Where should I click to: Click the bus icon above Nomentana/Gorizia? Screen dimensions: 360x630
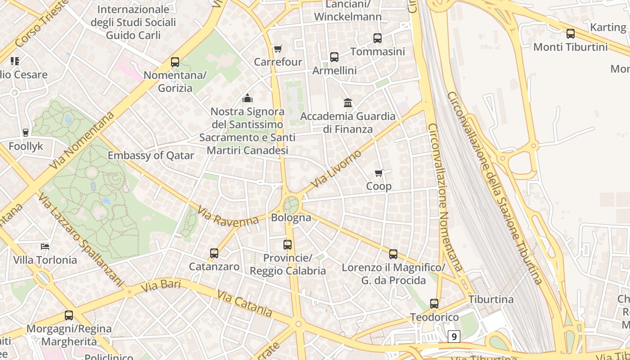coord(175,62)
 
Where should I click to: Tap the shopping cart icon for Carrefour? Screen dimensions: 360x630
coord(278,49)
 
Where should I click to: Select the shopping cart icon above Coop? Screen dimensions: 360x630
coord(379,173)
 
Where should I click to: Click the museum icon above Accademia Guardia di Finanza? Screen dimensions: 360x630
coord(348,103)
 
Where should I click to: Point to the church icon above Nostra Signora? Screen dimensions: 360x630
coord(247,98)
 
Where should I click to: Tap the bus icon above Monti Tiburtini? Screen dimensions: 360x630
coord(571,33)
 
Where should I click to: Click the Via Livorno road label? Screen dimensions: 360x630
coord(336,169)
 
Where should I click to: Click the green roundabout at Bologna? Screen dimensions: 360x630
coord(292,204)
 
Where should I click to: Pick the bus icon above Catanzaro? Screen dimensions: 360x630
coord(214,253)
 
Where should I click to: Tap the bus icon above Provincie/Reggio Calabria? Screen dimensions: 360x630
coord(288,245)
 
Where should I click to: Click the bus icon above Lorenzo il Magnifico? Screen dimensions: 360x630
coord(393,254)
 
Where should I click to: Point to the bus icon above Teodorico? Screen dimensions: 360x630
coord(434,304)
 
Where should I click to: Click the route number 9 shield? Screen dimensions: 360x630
coord(454,336)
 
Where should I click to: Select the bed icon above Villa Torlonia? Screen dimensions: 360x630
coord(45,246)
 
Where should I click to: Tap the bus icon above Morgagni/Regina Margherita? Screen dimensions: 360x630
coord(69,315)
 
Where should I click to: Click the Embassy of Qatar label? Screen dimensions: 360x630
coord(151,156)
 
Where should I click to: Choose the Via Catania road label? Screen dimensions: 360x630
coord(244,303)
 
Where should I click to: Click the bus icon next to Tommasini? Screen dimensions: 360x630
coord(378,38)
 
